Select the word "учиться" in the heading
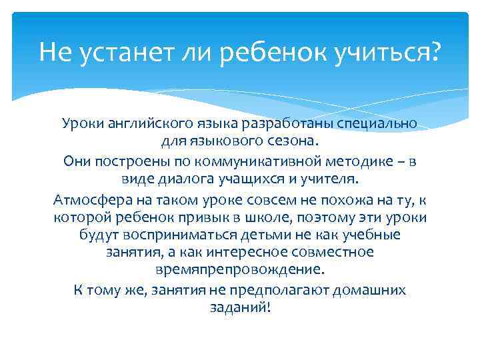[x=379, y=51]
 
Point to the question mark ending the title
[x=435, y=51]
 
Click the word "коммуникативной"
[x=255, y=162]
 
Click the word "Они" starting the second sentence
[x=77, y=162]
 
